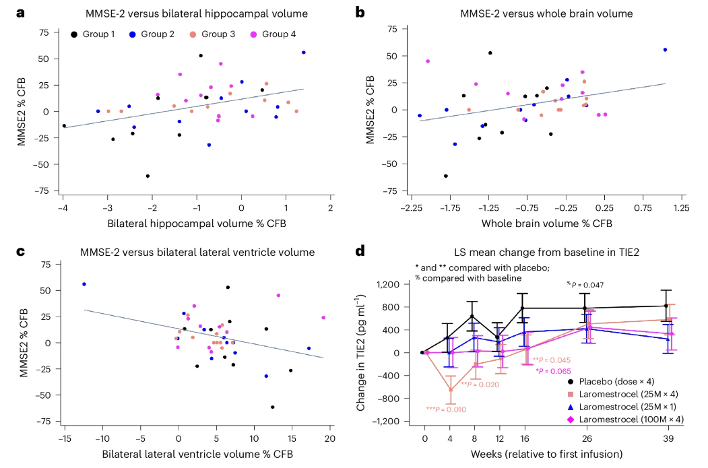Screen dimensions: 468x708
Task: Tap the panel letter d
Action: [360, 252]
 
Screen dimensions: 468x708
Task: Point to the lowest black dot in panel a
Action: [148, 176]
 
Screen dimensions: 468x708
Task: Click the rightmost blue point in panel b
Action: [665, 50]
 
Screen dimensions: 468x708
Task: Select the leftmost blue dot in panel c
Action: [84, 284]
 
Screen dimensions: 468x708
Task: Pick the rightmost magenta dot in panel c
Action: [323, 318]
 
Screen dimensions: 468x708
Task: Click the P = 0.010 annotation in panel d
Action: [446, 409]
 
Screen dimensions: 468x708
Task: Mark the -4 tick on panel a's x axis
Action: [63, 208]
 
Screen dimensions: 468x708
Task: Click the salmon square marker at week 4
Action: [450, 390]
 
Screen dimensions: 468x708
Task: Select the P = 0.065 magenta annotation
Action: [553, 371]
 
